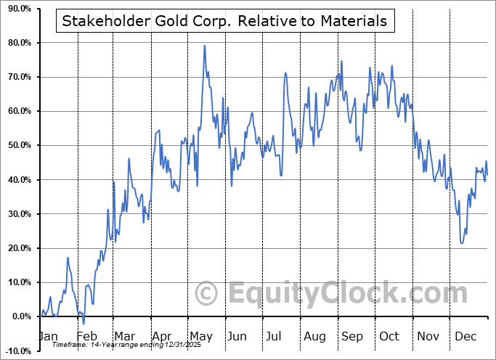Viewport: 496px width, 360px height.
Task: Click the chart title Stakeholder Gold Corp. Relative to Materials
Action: pyautogui.click(x=224, y=21)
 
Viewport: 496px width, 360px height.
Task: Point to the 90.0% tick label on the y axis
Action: pyautogui.click(x=17, y=9)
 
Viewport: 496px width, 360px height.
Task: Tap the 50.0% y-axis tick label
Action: pyautogui.click(x=17, y=145)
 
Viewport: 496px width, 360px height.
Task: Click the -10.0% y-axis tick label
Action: pyautogui.click(x=16, y=351)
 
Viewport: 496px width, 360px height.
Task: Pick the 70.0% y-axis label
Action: pyautogui.click(x=17, y=77)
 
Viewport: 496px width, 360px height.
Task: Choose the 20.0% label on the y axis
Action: pyautogui.click(x=17, y=248)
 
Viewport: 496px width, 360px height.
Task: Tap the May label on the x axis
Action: pyautogui.click(x=200, y=337)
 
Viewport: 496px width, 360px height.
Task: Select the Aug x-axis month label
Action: pyautogui.click(x=314, y=337)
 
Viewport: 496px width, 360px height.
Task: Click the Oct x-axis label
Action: pyautogui.click(x=389, y=337)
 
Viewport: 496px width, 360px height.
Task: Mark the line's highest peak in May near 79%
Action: pyautogui.click(x=205, y=46)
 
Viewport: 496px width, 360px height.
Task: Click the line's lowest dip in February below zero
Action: pyautogui.click(x=84, y=324)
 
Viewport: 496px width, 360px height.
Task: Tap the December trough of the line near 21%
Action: pyautogui.click(x=462, y=243)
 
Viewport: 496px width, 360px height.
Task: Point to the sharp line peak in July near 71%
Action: pyautogui.click(x=285, y=73)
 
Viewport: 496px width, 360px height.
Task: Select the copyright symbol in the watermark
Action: pyautogui.click(x=208, y=294)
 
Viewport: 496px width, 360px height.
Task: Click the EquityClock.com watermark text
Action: pyautogui.click(x=348, y=294)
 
